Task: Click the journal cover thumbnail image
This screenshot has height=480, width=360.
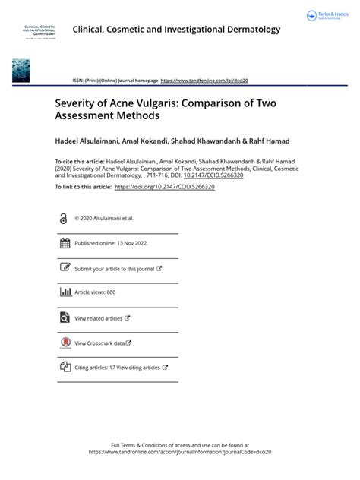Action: coord(21,70)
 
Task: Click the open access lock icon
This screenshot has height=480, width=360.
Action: coord(63,218)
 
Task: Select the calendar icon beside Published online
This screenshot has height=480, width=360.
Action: coord(64,243)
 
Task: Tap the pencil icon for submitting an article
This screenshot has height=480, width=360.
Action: coord(64,268)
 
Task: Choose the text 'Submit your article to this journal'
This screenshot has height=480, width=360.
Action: coord(114,269)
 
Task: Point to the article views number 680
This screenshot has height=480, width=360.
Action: coord(111,293)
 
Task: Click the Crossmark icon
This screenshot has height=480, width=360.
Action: coord(64,343)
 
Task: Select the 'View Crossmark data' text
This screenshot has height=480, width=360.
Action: coord(100,343)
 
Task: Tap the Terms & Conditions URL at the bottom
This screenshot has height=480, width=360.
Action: coord(180,452)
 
